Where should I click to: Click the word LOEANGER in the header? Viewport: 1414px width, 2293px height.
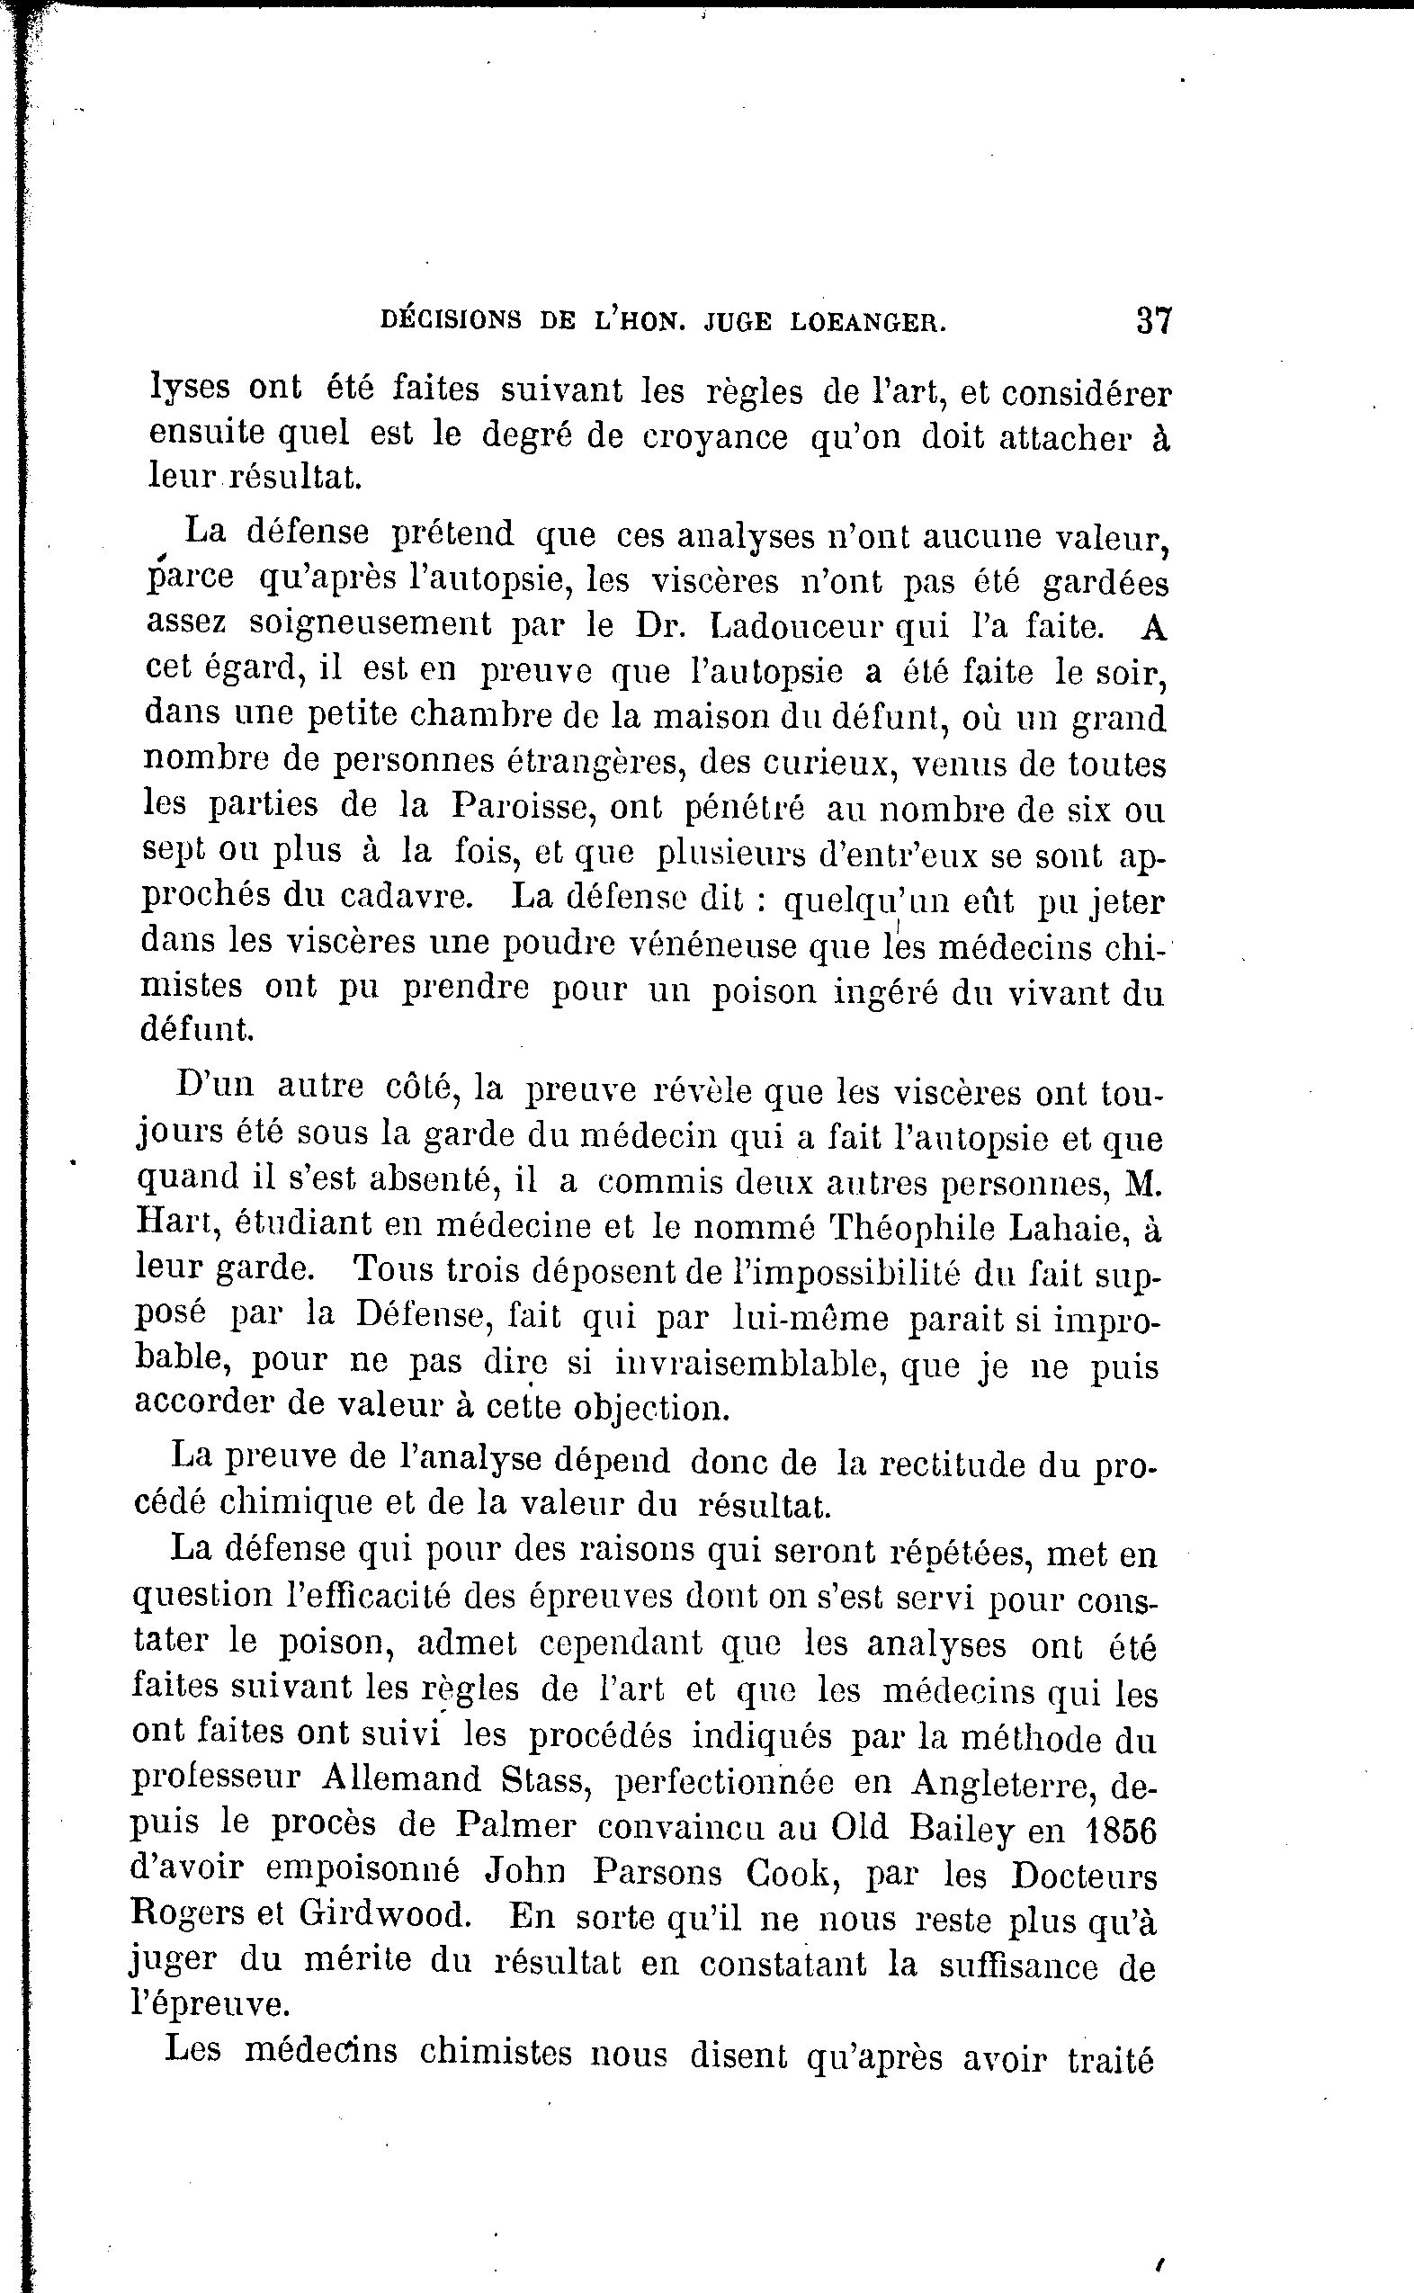(869, 323)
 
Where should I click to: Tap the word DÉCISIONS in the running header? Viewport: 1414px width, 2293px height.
(451, 321)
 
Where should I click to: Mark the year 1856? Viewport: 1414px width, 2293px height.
(1123, 1829)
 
